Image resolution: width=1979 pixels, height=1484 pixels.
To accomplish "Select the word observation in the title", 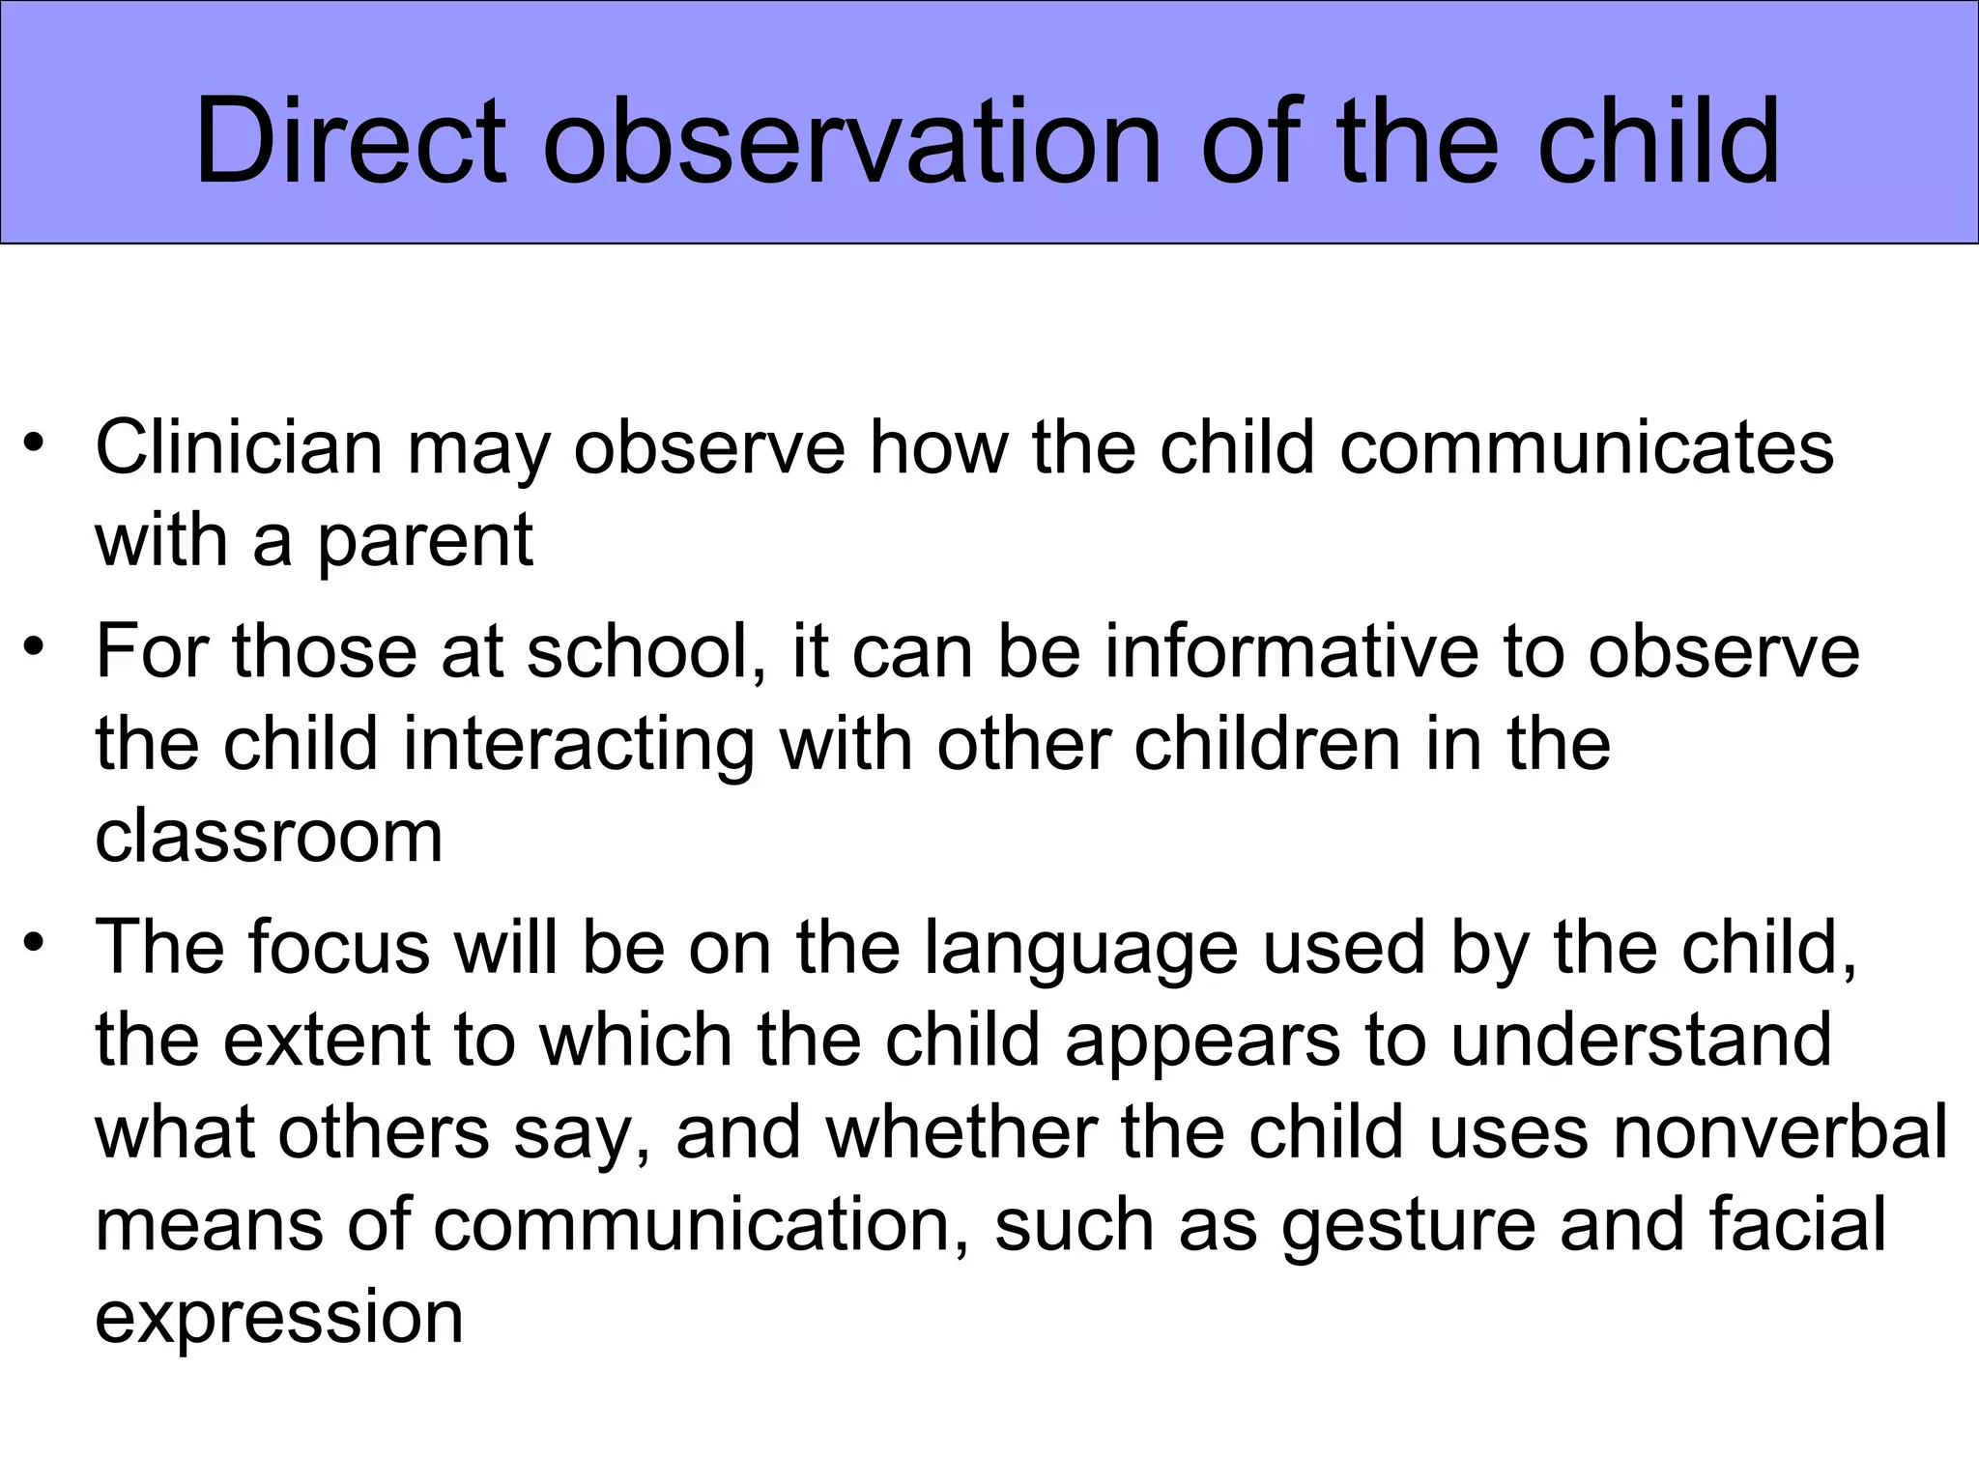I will click(850, 143).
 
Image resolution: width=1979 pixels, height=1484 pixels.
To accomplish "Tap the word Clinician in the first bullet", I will click(239, 447).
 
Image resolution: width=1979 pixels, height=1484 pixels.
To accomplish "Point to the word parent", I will click(424, 541).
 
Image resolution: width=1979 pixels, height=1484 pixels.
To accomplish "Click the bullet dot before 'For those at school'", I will click(35, 644).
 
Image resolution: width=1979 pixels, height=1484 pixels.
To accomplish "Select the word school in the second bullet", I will click(638, 651).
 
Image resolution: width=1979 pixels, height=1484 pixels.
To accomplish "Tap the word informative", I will click(1291, 651).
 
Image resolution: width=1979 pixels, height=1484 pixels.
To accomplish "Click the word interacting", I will click(578, 745).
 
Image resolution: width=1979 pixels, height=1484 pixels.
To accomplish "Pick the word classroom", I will click(269, 836).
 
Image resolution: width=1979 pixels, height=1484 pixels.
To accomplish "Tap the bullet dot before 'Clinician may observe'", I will click(35, 443).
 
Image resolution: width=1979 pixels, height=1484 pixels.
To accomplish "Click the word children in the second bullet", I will click(1267, 745).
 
